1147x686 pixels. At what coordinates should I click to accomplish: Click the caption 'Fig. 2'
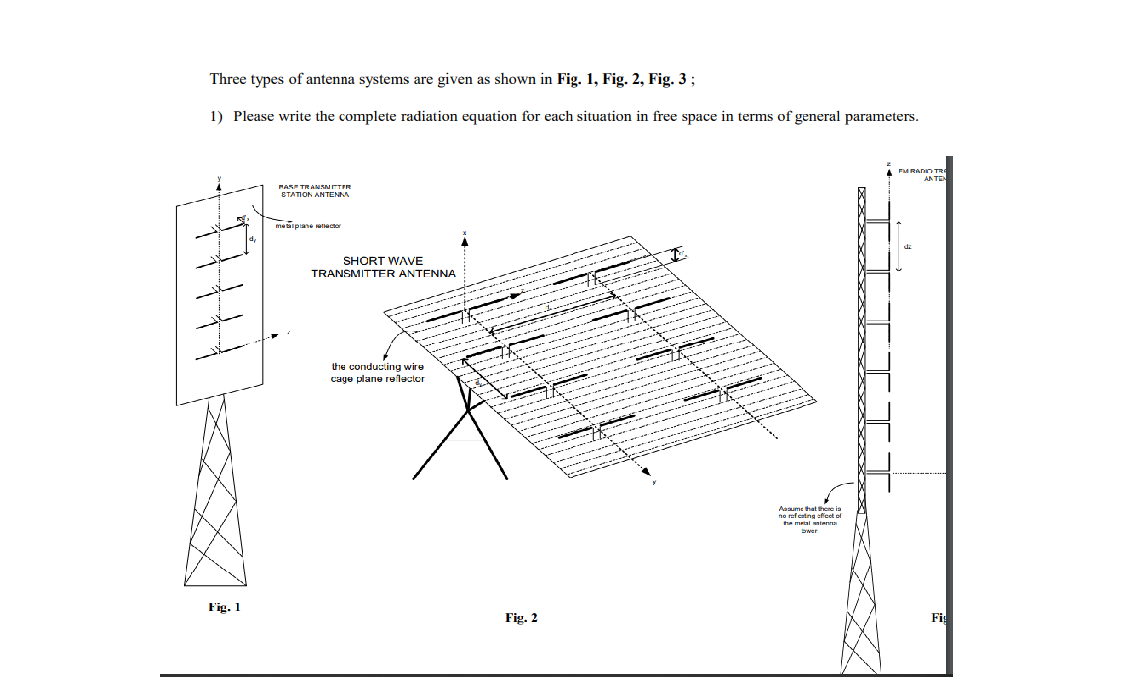click(521, 618)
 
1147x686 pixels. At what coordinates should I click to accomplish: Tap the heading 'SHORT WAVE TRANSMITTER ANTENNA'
click(383, 267)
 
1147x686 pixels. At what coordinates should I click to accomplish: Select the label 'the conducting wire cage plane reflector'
click(377, 372)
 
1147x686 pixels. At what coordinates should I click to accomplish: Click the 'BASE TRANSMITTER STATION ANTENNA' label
click(316, 190)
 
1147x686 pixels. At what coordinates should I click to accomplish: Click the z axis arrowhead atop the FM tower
click(889, 171)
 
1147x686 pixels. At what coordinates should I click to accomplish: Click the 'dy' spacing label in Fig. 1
click(253, 239)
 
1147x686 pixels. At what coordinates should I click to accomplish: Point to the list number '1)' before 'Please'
click(216, 116)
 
